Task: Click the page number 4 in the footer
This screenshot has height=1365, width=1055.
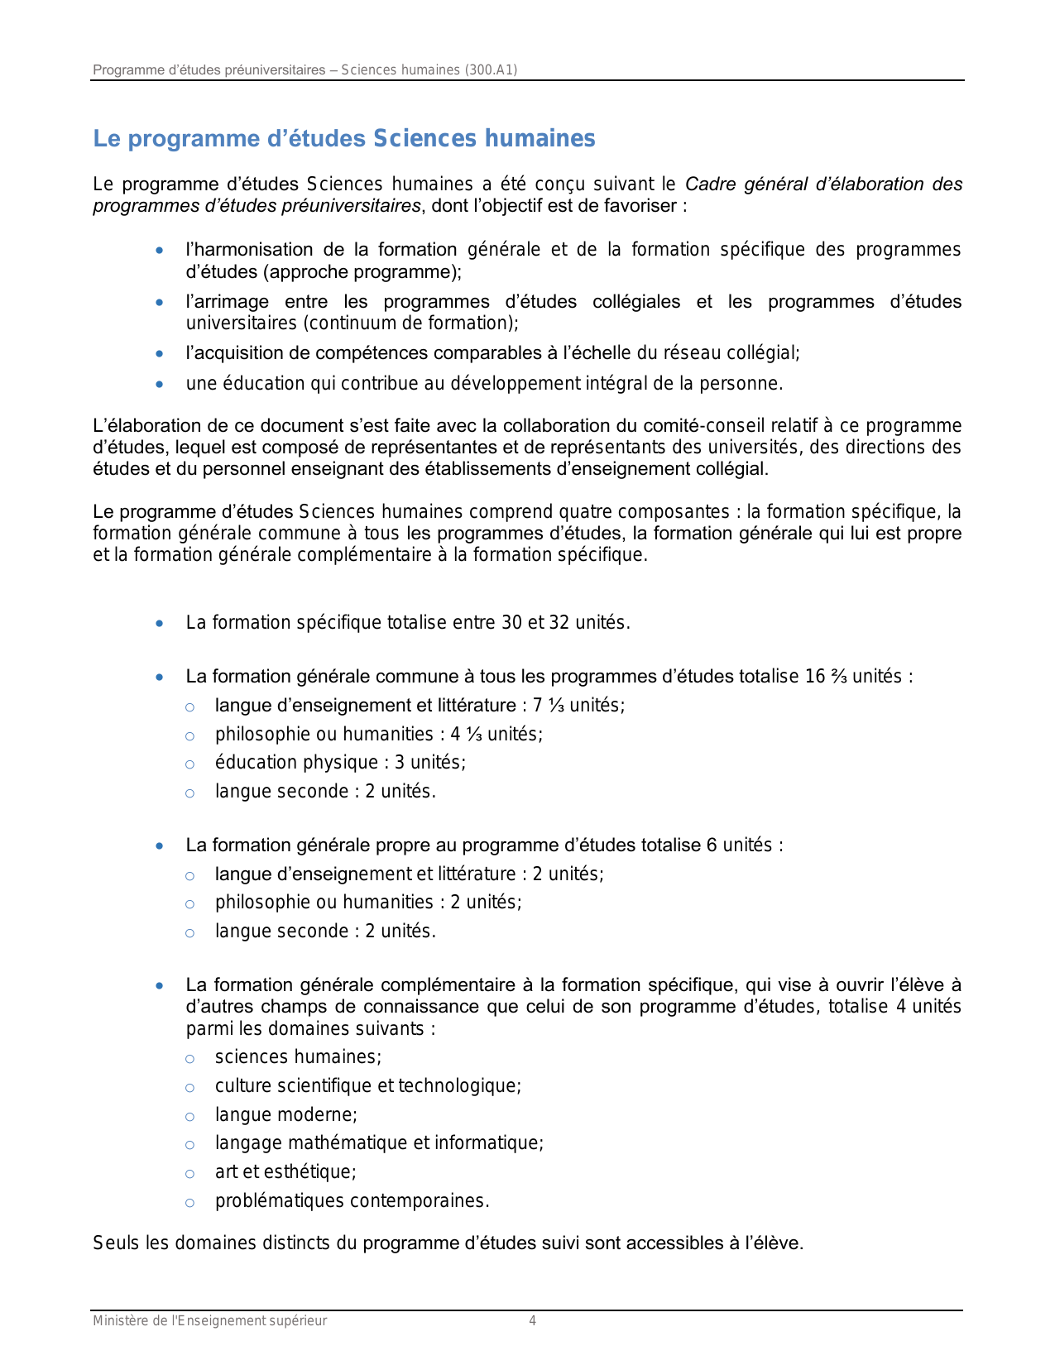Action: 532,1321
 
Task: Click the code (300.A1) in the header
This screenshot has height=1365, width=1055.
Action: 491,69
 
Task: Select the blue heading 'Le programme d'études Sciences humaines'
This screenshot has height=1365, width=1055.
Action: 344,138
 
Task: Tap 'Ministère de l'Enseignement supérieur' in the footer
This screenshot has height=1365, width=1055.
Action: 209,1321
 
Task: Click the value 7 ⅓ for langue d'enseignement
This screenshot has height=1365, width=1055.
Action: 549,706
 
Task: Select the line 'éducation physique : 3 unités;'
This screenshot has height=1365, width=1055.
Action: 340,763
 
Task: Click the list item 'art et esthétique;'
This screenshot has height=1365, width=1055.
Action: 285,1171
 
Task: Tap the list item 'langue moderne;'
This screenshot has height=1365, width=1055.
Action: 285,1114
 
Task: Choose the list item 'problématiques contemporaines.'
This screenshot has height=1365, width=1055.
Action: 352,1200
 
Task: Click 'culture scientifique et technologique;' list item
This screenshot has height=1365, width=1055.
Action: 367,1085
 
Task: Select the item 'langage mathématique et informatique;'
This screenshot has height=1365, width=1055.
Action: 379,1143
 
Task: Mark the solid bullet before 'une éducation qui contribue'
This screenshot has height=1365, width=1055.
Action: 160,384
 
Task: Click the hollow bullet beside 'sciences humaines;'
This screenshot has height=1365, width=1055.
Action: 189,1058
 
